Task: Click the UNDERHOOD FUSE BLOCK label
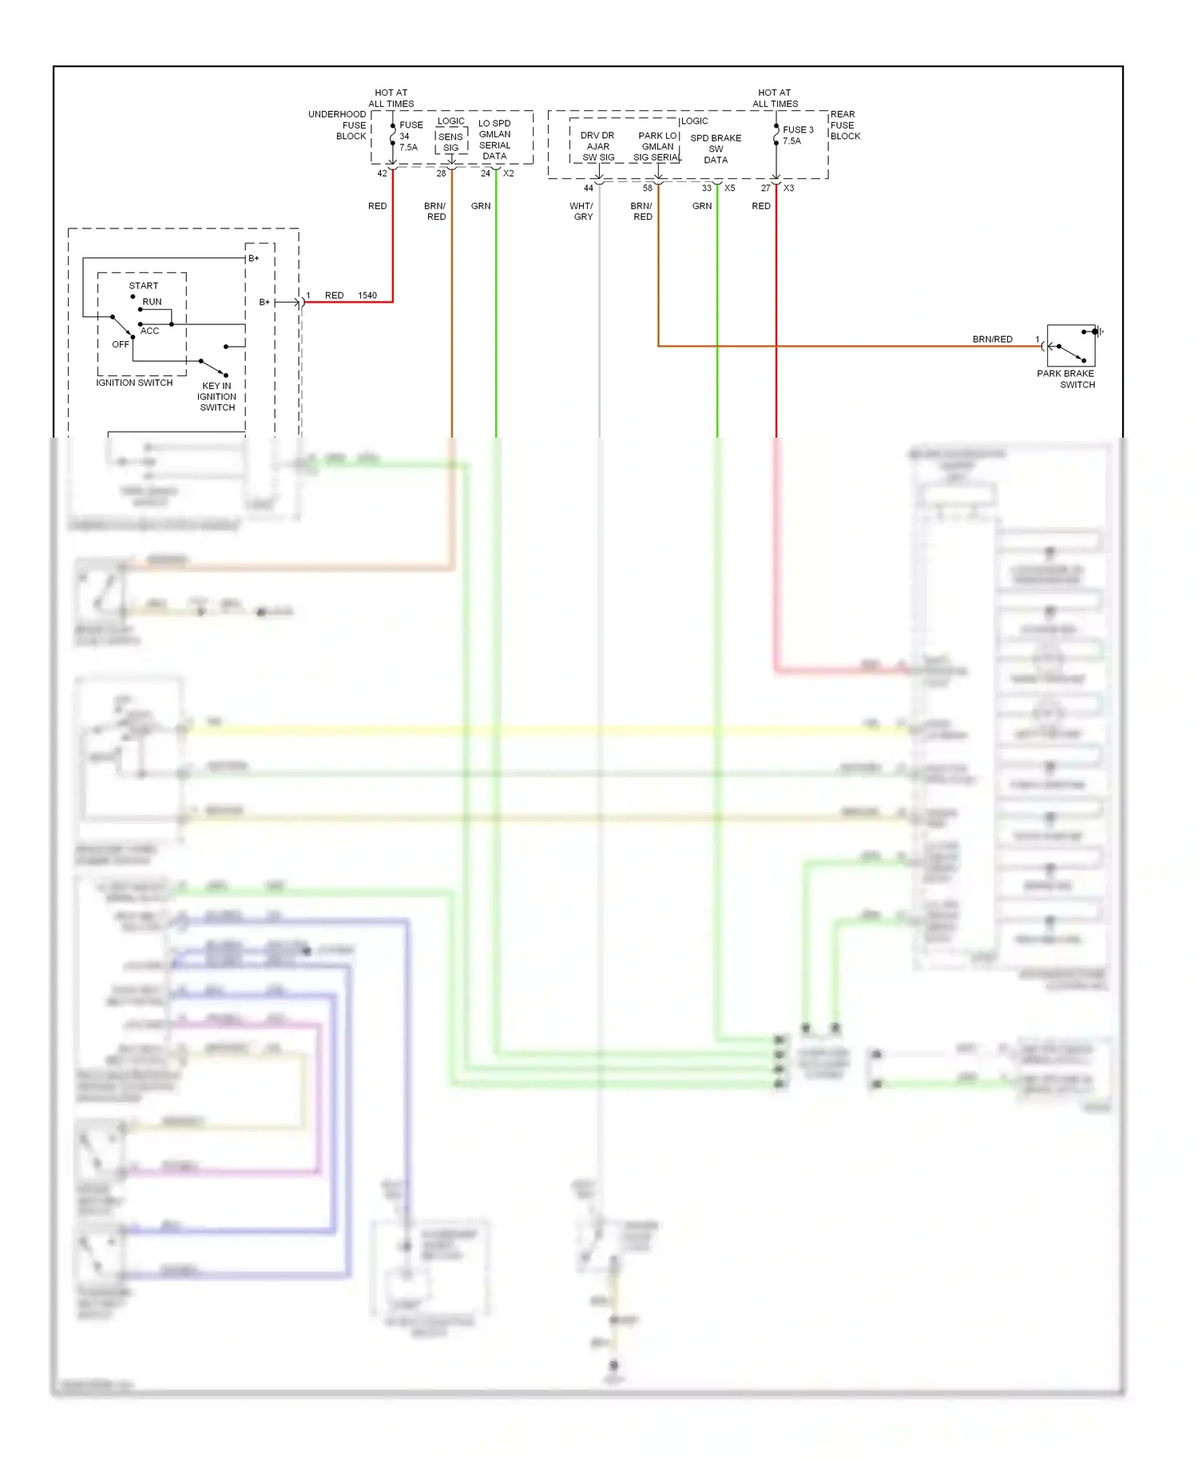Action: (338, 125)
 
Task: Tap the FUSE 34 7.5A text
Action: (411, 136)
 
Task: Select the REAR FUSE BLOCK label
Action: (845, 125)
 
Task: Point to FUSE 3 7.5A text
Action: (797, 135)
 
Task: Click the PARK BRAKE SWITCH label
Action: (1066, 379)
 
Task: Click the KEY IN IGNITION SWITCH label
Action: (216, 396)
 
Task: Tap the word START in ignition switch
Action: (144, 286)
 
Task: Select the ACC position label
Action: (150, 331)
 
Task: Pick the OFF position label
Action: (121, 344)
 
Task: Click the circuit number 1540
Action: (367, 296)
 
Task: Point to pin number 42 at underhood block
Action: (382, 173)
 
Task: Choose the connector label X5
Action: (730, 188)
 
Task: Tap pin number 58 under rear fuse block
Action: (648, 188)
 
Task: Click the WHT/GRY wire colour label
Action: (582, 211)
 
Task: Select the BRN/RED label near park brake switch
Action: (992, 339)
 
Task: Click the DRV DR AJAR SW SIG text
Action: (598, 146)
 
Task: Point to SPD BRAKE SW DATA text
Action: (716, 149)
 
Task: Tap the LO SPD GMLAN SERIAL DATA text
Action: (494, 140)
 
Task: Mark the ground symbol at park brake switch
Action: (1100, 331)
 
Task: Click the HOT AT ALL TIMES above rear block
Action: (775, 98)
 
